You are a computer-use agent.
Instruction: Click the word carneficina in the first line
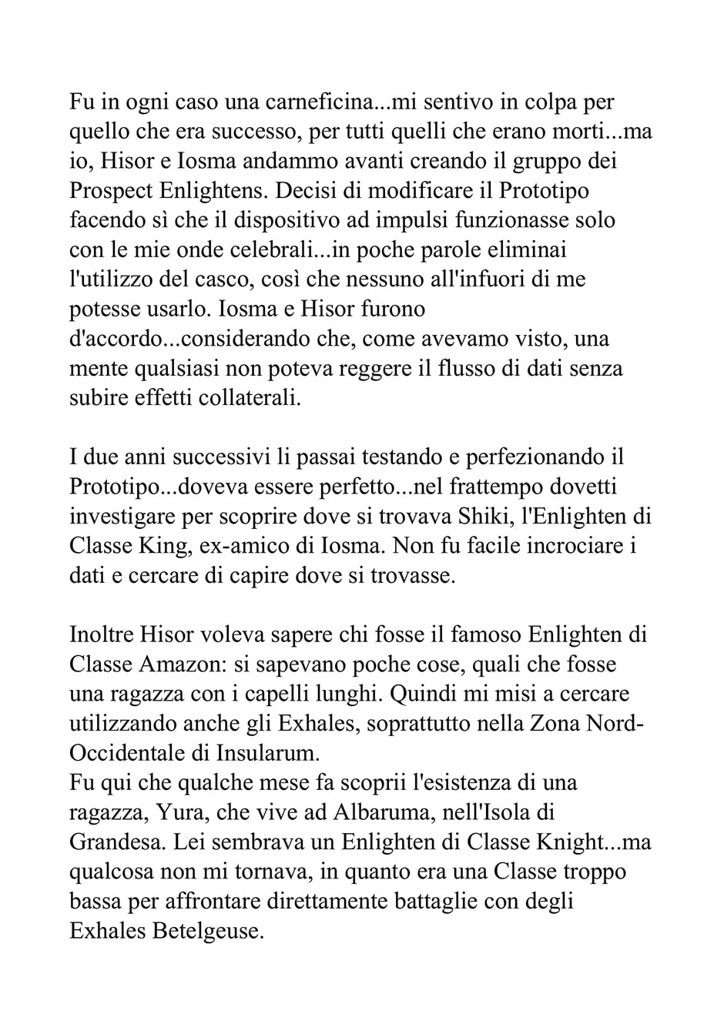[x=291, y=102]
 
